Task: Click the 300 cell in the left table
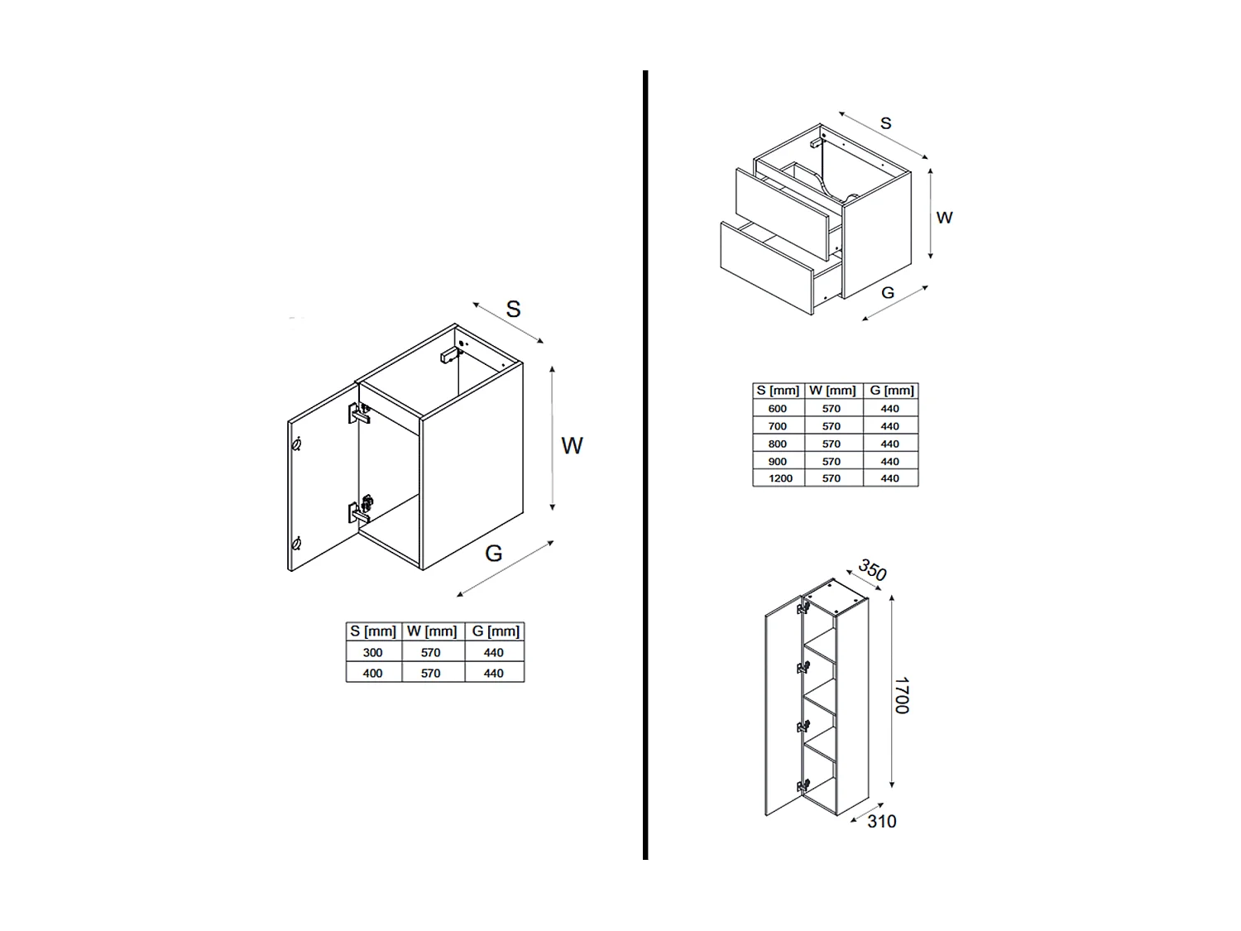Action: tap(372, 653)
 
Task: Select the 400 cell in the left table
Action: tap(372, 674)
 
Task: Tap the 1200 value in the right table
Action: tap(780, 478)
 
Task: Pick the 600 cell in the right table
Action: tap(778, 409)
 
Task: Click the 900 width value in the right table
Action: tap(778, 461)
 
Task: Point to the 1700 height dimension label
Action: tap(902, 695)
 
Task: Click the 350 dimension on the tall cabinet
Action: tap(872, 570)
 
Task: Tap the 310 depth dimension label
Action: tap(882, 822)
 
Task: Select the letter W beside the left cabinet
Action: tap(572, 446)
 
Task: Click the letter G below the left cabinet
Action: tap(494, 554)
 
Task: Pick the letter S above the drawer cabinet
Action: tap(886, 124)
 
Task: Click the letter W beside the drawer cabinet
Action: tap(944, 218)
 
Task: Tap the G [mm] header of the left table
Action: tap(496, 631)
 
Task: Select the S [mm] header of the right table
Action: tap(778, 391)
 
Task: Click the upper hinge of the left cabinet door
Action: tap(359, 413)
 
